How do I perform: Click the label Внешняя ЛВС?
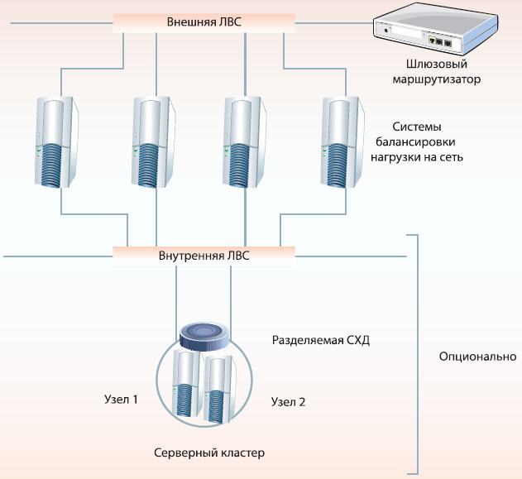pyautogui.click(x=204, y=22)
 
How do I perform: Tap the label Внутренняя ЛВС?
pyautogui.click(x=204, y=256)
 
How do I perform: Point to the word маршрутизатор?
pyautogui.click(x=434, y=80)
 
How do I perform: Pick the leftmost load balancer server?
pyautogui.click(x=60, y=144)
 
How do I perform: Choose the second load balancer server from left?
pyautogui.click(x=156, y=144)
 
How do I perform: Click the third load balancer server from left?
pyautogui.click(x=247, y=144)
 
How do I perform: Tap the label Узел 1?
pyautogui.click(x=121, y=399)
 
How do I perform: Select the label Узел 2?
pyautogui.click(x=289, y=403)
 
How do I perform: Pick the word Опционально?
pyautogui.click(x=477, y=357)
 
